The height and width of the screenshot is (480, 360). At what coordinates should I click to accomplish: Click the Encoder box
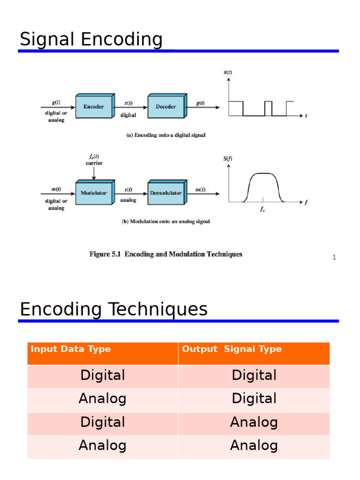[x=94, y=107]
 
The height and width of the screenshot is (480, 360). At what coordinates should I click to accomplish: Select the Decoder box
[x=166, y=107]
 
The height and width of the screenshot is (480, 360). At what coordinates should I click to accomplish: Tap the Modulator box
[x=94, y=193]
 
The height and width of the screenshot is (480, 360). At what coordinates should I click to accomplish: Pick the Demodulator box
[x=166, y=193]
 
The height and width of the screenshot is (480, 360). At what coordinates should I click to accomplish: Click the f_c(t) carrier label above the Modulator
[x=94, y=160]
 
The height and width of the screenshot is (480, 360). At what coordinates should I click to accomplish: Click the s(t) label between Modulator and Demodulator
[x=128, y=190]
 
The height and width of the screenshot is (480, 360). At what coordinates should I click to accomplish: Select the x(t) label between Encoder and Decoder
[x=128, y=104]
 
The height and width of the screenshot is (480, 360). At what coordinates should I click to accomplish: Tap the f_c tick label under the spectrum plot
[x=263, y=210]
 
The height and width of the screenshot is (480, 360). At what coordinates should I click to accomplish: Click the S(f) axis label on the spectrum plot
[x=227, y=158]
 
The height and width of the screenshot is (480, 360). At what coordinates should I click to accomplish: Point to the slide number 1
[x=334, y=257]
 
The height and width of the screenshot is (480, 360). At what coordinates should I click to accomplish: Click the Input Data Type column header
[x=71, y=349]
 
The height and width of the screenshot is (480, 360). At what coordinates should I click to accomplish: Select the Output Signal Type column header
[x=232, y=349]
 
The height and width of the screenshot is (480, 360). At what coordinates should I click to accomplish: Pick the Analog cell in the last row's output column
[x=254, y=445]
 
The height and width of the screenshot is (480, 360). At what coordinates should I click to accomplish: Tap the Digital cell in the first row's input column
[x=103, y=375]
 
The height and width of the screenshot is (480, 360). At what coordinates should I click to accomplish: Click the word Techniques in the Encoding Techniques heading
[x=157, y=309]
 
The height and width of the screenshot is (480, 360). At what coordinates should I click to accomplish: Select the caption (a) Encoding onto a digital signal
[x=166, y=135]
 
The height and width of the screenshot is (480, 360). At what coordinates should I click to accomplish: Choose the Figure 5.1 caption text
[x=166, y=254]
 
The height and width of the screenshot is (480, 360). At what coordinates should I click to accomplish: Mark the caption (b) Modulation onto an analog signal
[x=166, y=222]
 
